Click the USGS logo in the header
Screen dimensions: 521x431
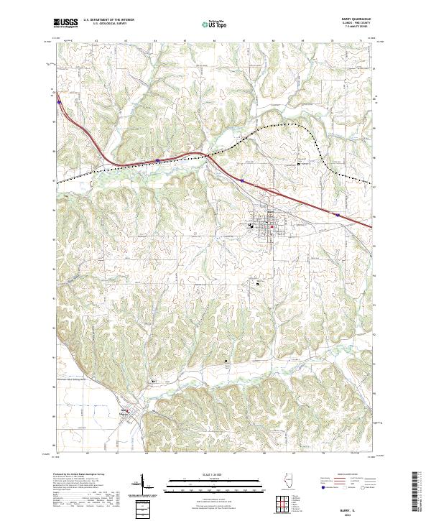(x=67, y=23)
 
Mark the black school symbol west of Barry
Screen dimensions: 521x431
(x=251, y=226)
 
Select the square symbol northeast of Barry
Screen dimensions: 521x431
(x=300, y=164)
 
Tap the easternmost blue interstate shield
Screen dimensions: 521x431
(x=337, y=213)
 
